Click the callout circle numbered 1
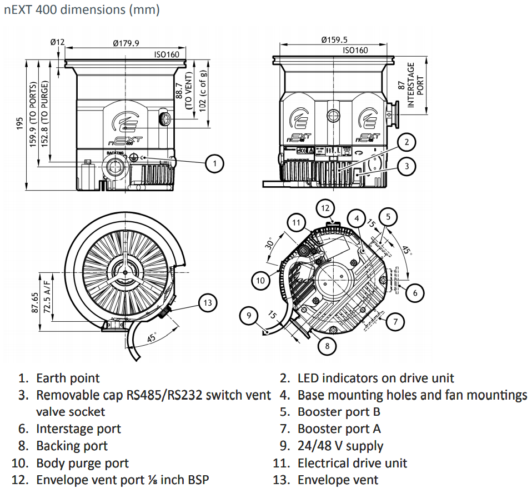tap(214, 163)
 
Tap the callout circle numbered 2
tap(406, 143)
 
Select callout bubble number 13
tap(208, 303)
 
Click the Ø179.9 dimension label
tap(126, 43)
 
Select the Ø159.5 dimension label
tap(335, 39)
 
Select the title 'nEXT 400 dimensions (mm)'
tap(82, 11)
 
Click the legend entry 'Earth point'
tap(68, 379)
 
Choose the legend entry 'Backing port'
tap(72, 446)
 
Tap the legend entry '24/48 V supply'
tap(340, 446)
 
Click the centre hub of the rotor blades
tap(126, 272)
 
